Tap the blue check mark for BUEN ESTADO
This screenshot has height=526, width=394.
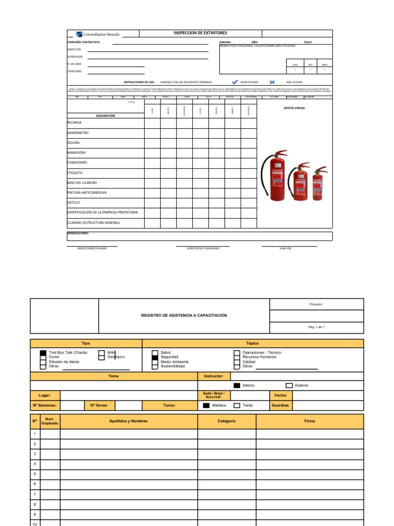pos(235,82)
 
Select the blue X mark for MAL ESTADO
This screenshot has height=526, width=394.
pos(272,82)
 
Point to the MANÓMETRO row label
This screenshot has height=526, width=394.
pos(77,133)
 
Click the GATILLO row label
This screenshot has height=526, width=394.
pos(74,202)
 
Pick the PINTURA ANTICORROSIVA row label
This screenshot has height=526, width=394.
pos(87,193)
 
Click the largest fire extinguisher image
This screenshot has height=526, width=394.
pos(274,174)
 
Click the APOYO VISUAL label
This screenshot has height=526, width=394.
pos(294,108)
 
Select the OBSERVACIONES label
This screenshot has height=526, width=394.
pos(78,233)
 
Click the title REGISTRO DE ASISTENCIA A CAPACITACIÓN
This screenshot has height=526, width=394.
pos(184,315)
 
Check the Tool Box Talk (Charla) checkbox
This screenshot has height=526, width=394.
pos(43,353)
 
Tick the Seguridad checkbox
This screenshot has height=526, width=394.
pos(154,357)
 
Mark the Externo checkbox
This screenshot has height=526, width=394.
pos(289,385)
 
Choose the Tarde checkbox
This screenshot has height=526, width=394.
pos(237,405)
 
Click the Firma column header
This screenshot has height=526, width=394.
pos(309,421)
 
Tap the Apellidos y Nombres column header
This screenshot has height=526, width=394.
pos(128,421)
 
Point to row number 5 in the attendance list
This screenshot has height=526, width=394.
pos(35,474)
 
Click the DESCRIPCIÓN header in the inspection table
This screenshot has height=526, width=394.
pos(105,116)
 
